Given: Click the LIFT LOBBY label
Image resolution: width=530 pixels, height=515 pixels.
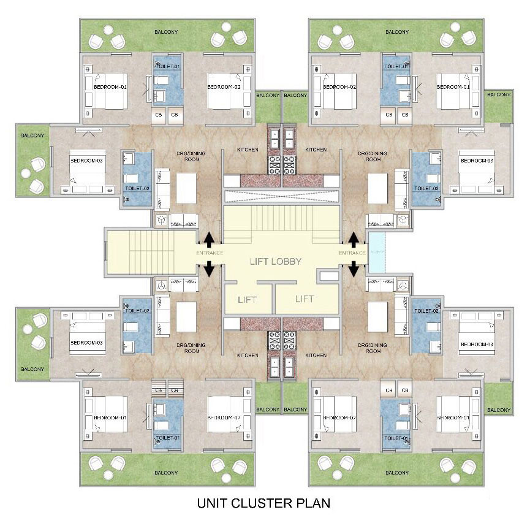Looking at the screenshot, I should pyautogui.click(x=275, y=261).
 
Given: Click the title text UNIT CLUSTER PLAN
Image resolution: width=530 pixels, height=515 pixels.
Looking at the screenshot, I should pyautogui.click(x=263, y=503).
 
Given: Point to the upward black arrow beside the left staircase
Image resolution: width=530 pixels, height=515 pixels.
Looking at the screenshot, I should pyautogui.click(x=209, y=239).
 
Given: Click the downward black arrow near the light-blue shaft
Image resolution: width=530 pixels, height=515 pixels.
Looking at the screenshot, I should pyautogui.click(x=354, y=269).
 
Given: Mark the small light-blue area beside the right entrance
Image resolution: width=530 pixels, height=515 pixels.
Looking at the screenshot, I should pyautogui.click(x=376, y=253).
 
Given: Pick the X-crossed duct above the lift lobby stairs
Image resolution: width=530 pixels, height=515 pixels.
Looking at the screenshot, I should pyautogui.click(x=282, y=197).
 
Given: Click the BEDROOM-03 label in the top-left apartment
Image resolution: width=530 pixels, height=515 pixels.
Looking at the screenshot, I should pyautogui.click(x=86, y=160).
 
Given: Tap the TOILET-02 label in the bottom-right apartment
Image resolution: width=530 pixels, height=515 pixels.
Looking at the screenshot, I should pyautogui.click(x=426, y=311).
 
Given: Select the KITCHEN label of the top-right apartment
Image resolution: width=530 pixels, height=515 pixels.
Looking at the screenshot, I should pyautogui.click(x=316, y=150).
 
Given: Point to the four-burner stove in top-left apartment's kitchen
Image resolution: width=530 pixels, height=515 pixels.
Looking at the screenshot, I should pyautogui.click(x=273, y=164).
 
